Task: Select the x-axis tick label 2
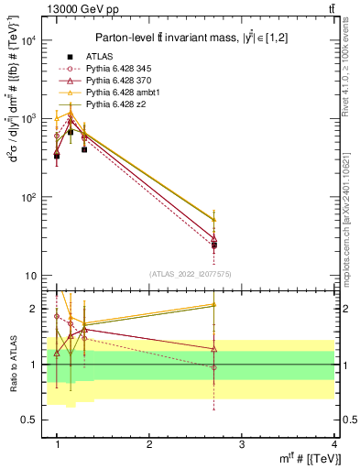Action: point(149,444)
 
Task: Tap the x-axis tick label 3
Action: point(242,444)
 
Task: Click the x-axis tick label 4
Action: point(333,444)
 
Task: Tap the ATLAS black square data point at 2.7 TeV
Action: point(213,245)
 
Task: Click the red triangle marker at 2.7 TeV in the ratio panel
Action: point(213,349)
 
